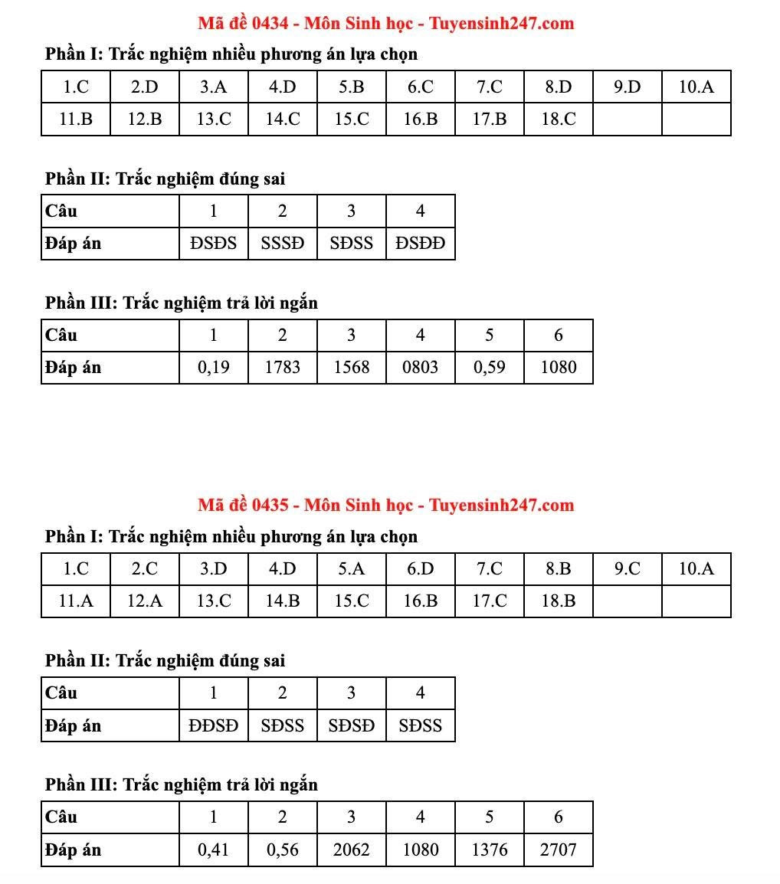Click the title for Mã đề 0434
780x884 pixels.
click(385, 23)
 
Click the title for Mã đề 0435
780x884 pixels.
click(385, 505)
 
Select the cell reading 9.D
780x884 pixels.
click(627, 87)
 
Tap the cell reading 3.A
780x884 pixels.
click(213, 87)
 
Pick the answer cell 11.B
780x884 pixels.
click(76, 120)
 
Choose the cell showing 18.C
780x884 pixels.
click(558, 120)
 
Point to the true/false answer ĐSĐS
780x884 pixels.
click(213, 244)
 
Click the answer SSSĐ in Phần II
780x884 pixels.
click(282, 244)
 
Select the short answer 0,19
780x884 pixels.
click(213, 368)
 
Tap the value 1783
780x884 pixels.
click(282, 368)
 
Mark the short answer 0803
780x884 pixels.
click(420, 368)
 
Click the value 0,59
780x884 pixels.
click(489, 368)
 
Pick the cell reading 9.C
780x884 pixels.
click(627, 569)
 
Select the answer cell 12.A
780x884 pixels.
click(144, 601)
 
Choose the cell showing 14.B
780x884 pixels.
click(282, 601)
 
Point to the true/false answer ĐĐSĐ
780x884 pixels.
click(213, 725)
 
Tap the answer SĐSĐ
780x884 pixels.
click(351, 725)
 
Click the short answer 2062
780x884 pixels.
click(351, 850)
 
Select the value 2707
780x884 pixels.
click(558, 850)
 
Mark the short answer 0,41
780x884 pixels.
click(213, 850)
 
